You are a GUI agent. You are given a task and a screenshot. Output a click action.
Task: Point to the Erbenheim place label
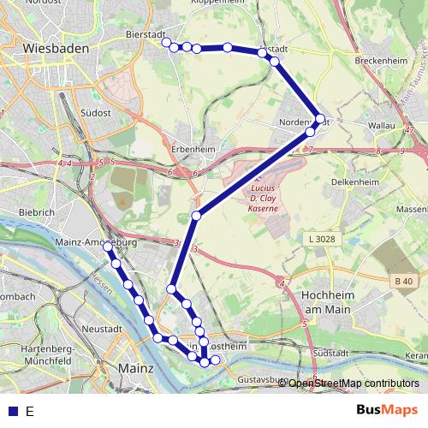click(196, 147)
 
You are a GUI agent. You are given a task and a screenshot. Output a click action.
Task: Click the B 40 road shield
click(404, 280)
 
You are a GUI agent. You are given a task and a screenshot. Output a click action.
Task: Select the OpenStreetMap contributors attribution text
click(354, 383)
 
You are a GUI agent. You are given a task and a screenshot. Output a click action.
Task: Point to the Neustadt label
click(96, 329)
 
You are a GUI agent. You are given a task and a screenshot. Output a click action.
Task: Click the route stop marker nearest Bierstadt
click(166, 45)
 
